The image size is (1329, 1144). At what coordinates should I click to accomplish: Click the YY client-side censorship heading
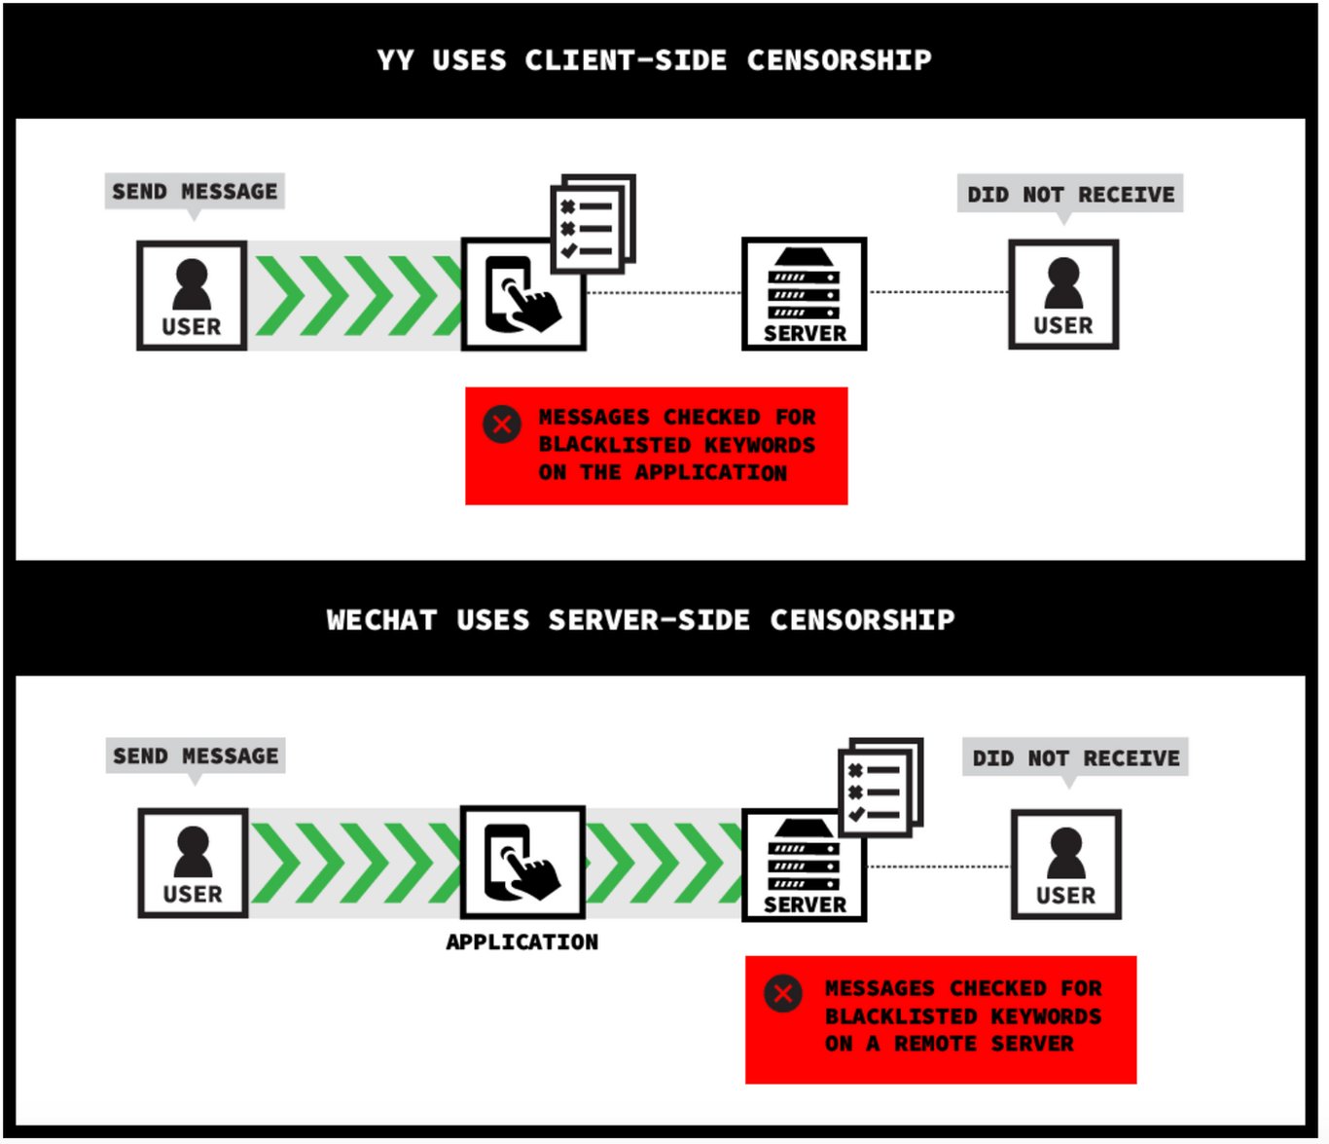point(654,60)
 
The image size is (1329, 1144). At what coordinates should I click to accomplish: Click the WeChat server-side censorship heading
point(640,619)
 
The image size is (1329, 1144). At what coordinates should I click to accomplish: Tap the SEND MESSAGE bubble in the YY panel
point(195,192)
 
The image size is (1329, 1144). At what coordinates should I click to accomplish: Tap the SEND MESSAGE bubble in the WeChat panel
point(196,757)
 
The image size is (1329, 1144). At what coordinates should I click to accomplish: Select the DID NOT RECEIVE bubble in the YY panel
point(1070,195)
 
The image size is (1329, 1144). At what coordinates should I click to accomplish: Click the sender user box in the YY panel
point(192,296)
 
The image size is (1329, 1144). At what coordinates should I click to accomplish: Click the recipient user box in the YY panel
point(1063,295)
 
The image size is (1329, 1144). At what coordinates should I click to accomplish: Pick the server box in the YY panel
point(804,294)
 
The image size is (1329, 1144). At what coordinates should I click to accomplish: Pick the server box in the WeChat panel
point(804,866)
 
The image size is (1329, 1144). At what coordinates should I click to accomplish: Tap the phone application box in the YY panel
point(523,295)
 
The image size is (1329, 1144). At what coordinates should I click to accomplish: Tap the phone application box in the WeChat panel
point(522,863)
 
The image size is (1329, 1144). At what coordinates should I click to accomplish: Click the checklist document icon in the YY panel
point(593,224)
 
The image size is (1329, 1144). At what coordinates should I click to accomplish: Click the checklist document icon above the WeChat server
point(880,788)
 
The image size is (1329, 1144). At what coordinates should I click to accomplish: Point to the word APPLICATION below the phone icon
point(522,941)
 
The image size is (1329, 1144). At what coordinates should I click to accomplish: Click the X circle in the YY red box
point(501,424)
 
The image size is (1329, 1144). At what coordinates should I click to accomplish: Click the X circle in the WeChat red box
point(782,993)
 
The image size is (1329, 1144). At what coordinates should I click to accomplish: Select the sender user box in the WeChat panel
point(193,864)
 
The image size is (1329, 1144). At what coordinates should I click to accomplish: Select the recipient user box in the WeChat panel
point(1066,865)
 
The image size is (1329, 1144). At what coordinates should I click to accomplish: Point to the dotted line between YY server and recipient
point(938,292)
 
